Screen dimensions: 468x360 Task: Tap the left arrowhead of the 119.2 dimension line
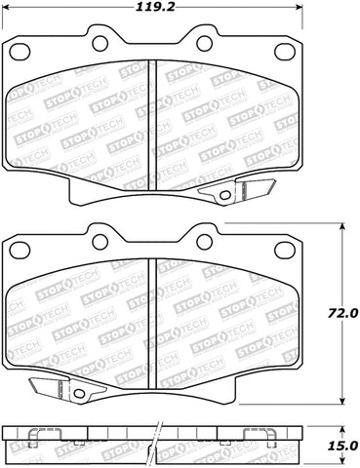coord(7,8)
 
